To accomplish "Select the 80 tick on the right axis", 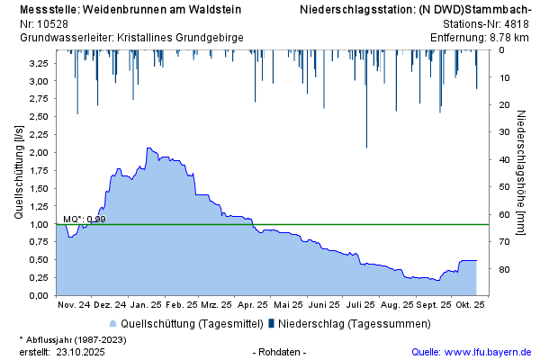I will coord(505,270).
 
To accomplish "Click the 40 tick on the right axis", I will coord(505,159).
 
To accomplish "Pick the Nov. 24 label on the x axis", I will coord(75,305).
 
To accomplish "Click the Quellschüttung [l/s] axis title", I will coord(19,171).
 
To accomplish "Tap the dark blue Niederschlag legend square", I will coord(271,323).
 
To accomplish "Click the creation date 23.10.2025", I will coord(81,352).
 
